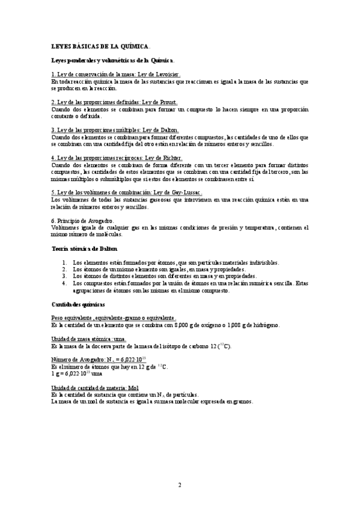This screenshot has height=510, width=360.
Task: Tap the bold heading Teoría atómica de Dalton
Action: click(85, 248)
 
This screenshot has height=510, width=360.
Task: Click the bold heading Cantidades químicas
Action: click(78, 305)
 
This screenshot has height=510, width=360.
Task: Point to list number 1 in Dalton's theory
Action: click(65, 263)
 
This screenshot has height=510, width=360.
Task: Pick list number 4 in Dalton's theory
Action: click(65, 283)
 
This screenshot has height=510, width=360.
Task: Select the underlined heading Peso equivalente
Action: click(114, 318)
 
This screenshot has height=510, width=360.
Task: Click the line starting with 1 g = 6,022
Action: click(77, 373)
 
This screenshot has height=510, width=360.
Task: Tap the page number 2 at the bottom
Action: click(179, 484)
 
